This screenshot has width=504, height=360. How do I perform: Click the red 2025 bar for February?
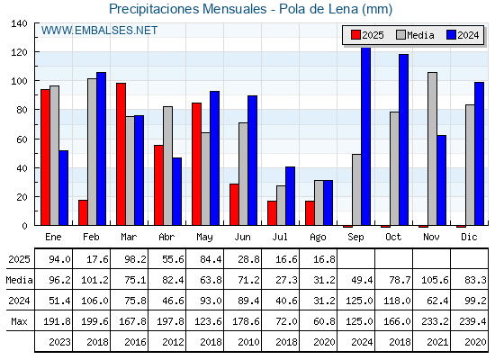[83, 212]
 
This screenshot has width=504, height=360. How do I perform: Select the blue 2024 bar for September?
[365, 136]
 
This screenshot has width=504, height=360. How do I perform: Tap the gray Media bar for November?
[432, 148]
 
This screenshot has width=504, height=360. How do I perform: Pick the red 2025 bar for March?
[121, 154]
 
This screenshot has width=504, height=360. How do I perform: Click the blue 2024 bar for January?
[64, 188]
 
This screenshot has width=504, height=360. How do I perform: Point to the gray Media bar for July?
[281, 205]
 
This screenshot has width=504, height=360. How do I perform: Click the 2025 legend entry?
[367, 35]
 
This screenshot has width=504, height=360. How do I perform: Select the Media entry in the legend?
[415, 35]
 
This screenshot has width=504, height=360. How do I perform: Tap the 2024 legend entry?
[463, 35]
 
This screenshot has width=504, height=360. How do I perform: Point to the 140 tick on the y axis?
[19, 23]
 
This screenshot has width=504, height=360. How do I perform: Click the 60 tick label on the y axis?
[22, 139]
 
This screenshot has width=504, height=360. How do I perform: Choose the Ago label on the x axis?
[318, 238]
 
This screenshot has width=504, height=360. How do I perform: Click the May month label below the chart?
[204, 238]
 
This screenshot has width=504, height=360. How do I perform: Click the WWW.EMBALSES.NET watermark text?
[99, 31]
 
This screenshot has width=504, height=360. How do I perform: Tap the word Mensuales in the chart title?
[234, 9]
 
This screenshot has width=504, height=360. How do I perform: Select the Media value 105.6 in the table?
[435, 280]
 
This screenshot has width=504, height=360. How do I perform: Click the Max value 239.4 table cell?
[472, 321]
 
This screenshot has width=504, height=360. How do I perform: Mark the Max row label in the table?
[19, 321]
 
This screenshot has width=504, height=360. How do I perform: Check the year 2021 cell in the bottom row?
[437, 342]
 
